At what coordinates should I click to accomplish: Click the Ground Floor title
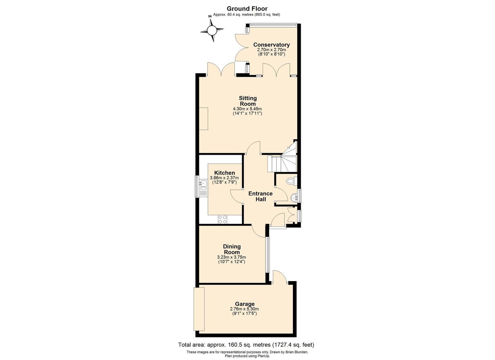247,9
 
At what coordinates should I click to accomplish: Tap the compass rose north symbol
212,30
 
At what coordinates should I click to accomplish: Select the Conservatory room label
271,45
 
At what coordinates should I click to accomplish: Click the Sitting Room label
248,101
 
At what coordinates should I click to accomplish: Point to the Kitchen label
224,173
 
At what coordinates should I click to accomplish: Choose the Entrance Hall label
261,197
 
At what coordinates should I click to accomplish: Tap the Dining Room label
232,249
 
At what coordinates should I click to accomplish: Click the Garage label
245,304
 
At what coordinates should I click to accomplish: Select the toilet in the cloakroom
291,181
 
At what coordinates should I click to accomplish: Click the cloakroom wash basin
294,198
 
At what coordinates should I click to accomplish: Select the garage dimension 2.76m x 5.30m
244,309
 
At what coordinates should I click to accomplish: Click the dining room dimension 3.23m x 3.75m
231,257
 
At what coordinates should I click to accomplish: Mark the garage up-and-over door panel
199,312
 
